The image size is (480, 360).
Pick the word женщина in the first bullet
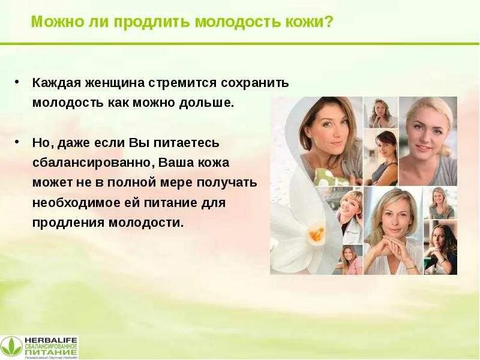coord(108,83)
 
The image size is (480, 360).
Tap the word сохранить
coord(256,83)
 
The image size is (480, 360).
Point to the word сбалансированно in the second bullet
coord(94,163)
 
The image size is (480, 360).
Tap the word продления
coord(68,223)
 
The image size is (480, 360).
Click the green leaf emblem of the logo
coord(11,346)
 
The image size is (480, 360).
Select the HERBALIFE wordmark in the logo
coord(50,339)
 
